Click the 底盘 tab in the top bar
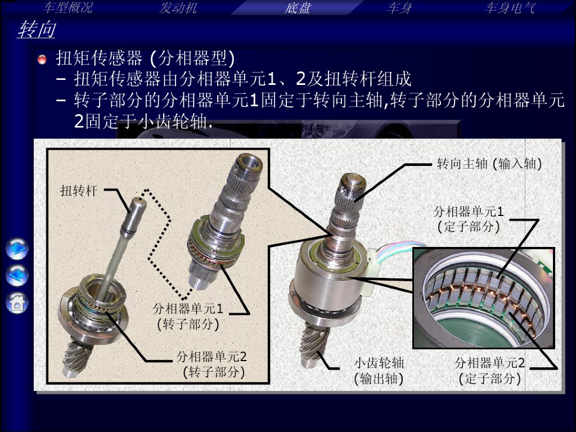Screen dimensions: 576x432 click(297, 8)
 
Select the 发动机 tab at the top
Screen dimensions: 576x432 click(178, 8)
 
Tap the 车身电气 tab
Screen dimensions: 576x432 click(510, 8)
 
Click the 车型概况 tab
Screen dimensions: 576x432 click(67, 8)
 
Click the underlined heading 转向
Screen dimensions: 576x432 click(37, 29)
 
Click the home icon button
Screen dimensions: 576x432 click(17, 303)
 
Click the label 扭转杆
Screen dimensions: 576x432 click(78, 191)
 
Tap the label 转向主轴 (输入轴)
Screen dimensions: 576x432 click(489, 164)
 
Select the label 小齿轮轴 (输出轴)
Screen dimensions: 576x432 click(379, 371)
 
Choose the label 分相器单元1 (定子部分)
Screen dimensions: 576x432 click(469, 219)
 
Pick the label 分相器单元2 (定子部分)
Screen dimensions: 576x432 click(490, 371)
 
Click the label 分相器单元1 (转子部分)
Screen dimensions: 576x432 click(188, 316)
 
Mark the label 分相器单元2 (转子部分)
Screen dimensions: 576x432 click(212, 364)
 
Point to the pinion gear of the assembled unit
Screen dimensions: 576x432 click(313, 343)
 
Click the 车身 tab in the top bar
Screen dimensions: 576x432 click(399, 8)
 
